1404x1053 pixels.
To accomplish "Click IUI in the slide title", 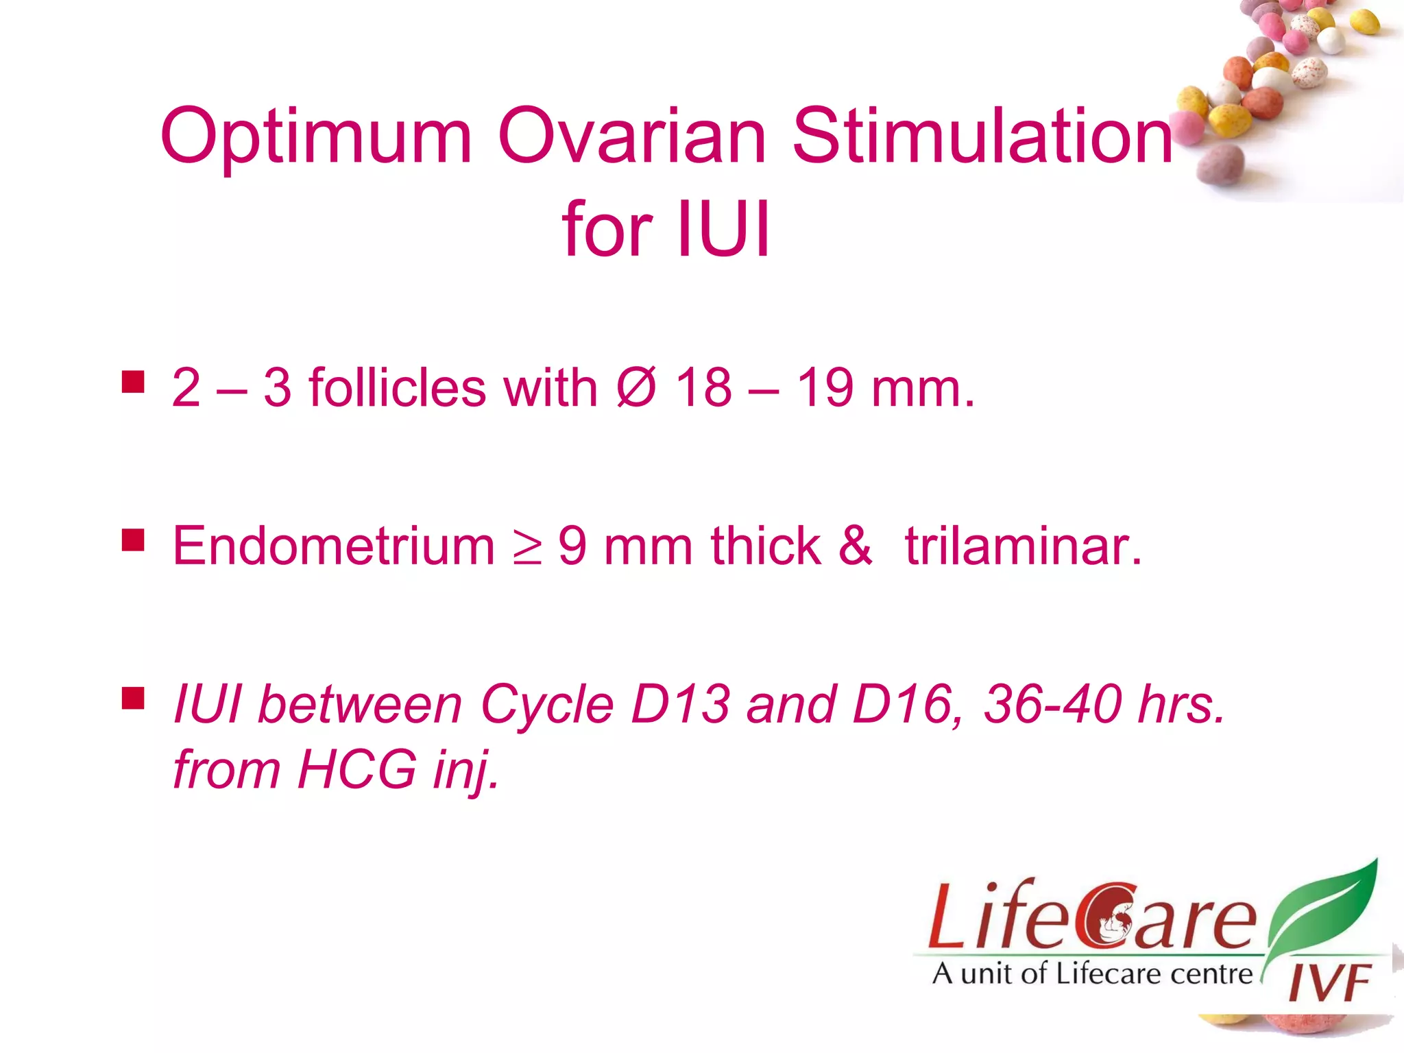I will tap(723, 230).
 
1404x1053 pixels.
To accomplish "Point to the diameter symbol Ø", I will tap(636, 387).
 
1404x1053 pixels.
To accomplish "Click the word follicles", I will tap(398, 387).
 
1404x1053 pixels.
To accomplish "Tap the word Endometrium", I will tap(333, 546).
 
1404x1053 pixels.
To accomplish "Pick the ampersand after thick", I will tap(856, 546).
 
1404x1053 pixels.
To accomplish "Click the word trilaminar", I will tap(1023, 546).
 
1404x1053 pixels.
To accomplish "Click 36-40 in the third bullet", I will tap(1052, 704).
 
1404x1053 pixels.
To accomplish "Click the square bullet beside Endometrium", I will tap(133, 540).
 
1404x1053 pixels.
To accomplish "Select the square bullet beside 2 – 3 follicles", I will tap(133, 382).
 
